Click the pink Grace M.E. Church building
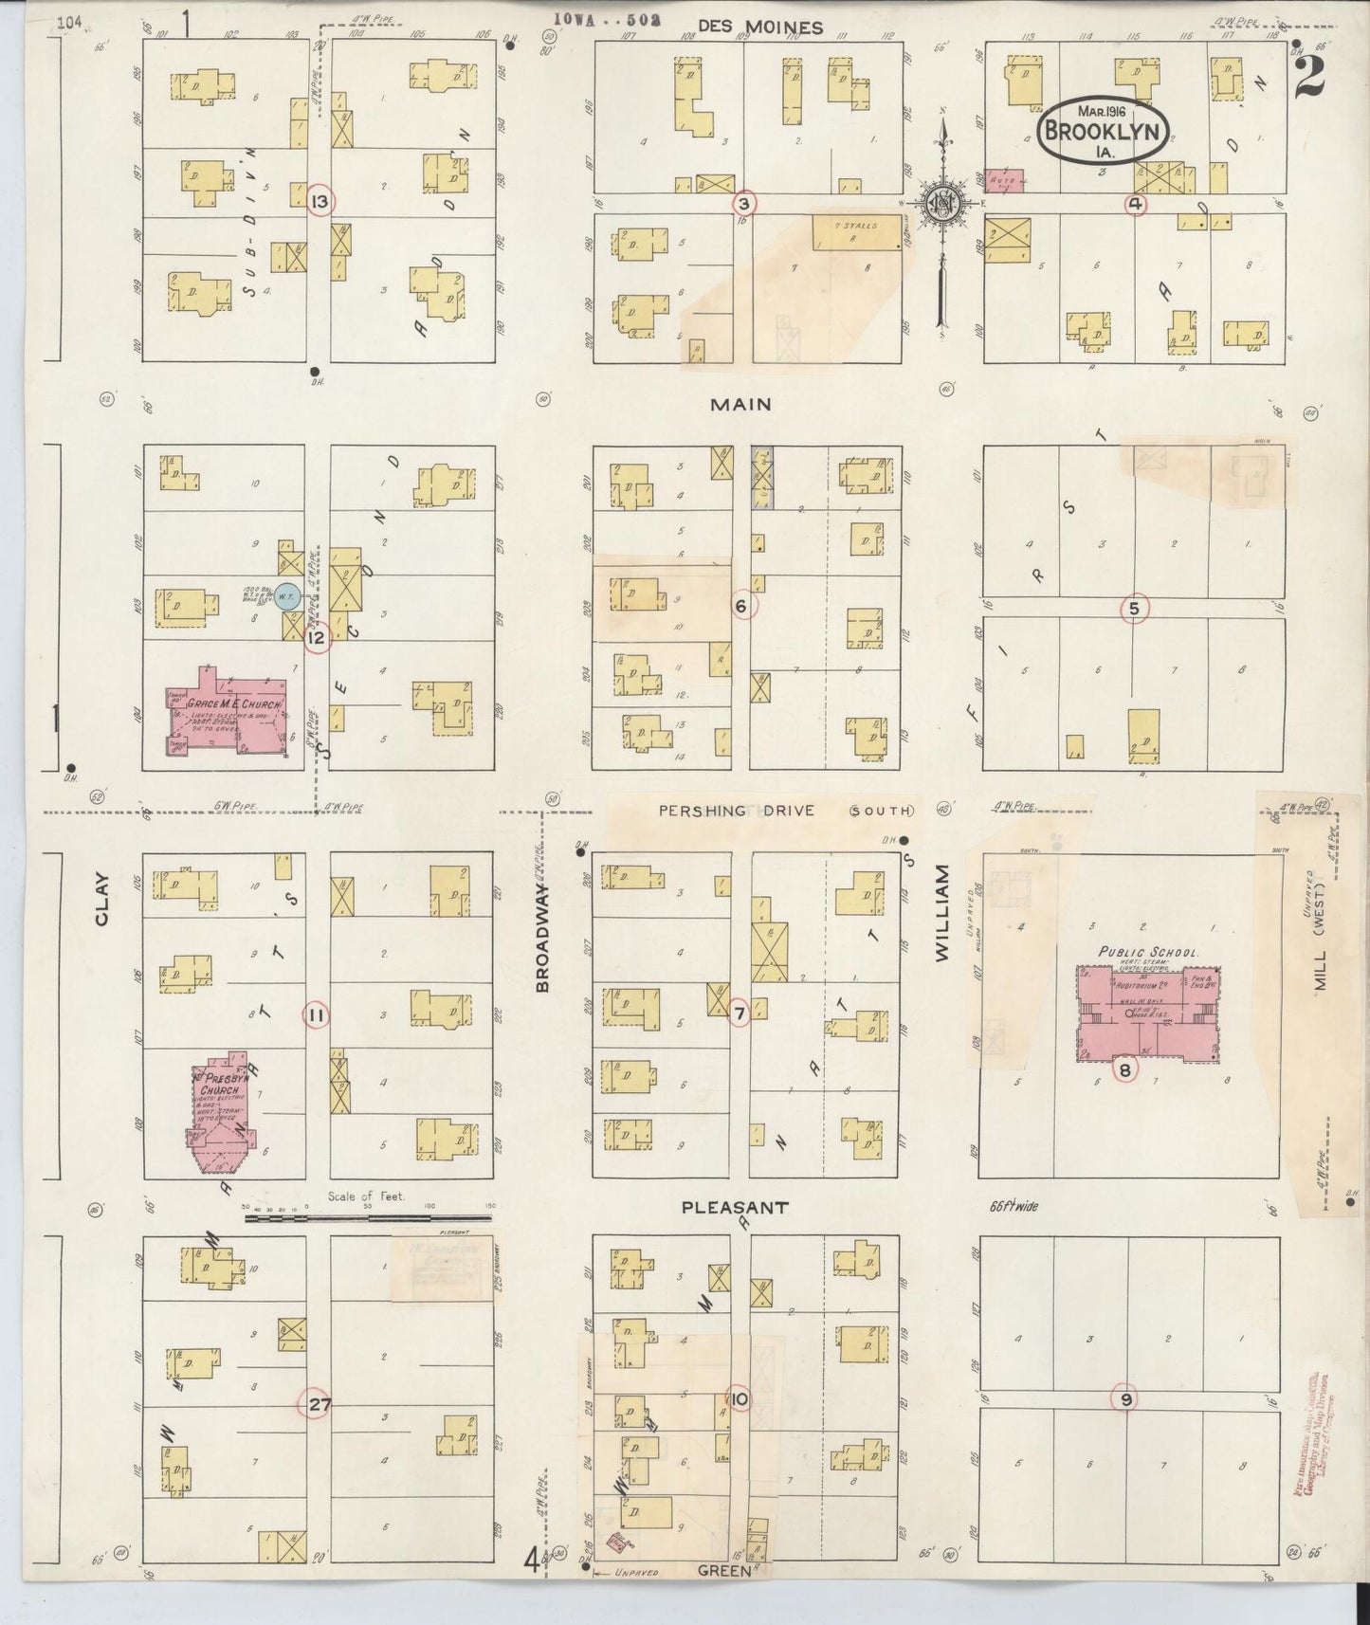[x=228, y=716]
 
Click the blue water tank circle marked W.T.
[x=290, y=596]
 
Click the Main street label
[x=741, y=405]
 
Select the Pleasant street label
[x=735, y=1208]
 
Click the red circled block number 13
[x=320, y=201]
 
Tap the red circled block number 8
[x=1124, y=1071]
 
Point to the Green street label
[x=724, y=1570]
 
